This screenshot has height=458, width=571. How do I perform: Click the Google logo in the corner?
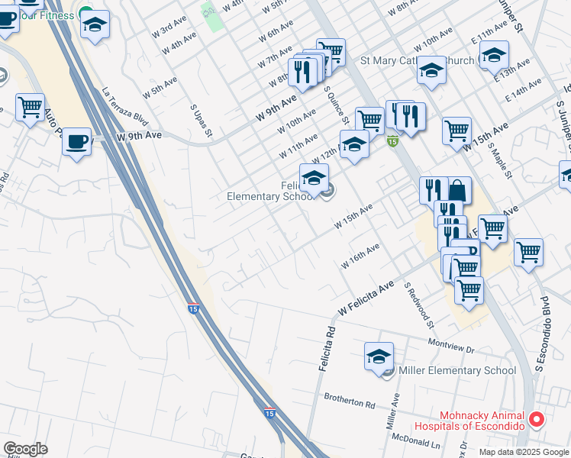point(25,449)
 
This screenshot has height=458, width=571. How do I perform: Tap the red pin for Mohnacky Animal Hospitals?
point(537,419)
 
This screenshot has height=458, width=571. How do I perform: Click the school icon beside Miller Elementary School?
point(379,356)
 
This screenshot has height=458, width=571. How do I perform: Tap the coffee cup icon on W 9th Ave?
point(76,141)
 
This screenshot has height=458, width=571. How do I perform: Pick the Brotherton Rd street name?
point(350,399)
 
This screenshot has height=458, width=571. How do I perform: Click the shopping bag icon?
point(459,191)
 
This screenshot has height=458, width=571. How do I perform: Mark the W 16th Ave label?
point(360,256)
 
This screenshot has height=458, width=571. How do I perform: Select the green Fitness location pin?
point(85,15)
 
